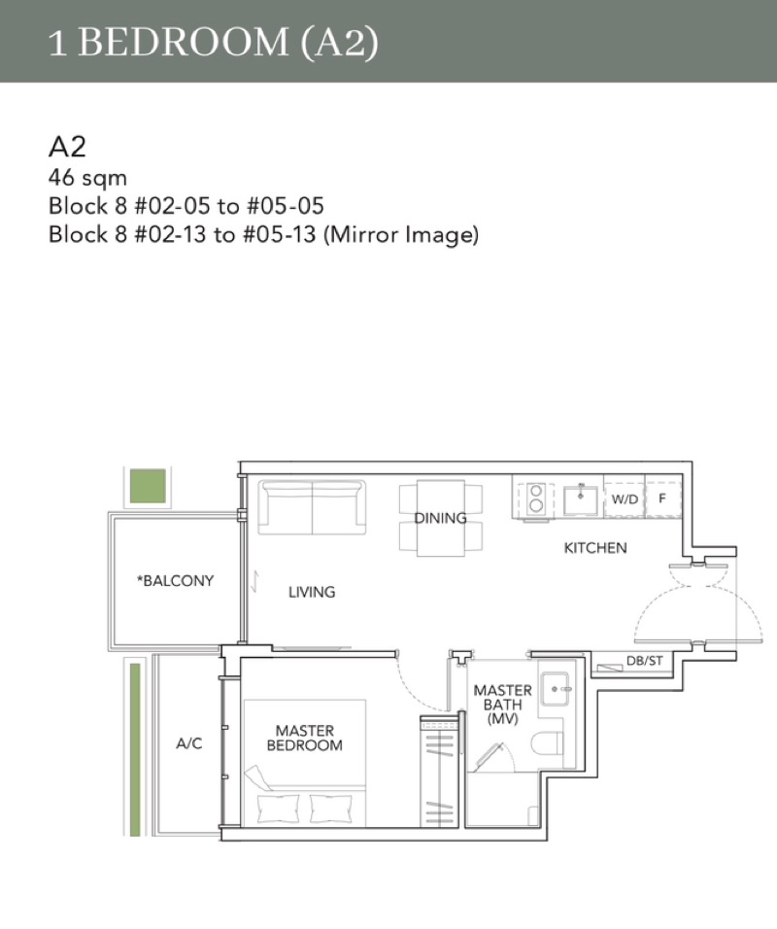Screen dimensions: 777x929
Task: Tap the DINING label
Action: click(440, 518)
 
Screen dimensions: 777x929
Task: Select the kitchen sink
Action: click(581, 499)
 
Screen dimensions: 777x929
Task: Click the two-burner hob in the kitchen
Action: click(535, 499)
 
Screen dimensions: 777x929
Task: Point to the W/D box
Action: click(625, 499)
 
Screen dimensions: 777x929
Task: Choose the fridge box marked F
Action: click(662, 499)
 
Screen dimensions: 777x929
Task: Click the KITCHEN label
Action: click(595, 547)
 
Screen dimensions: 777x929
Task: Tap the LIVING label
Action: click(312, 591)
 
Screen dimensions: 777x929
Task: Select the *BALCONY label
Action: click(175, 581)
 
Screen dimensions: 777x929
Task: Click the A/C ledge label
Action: click(189, 743)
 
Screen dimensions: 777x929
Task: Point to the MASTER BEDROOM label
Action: click(304, 738)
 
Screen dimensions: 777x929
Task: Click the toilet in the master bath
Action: click(547, 743)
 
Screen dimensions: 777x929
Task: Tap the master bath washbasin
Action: click(556, 689)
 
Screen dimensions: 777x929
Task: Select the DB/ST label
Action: click(644, 660)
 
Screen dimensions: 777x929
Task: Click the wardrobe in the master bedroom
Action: click(439, 772)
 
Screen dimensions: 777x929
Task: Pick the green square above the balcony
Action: click(148, 486)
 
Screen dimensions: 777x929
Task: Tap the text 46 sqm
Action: click(87, 178)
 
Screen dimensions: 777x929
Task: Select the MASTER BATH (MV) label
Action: click(502, 705)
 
